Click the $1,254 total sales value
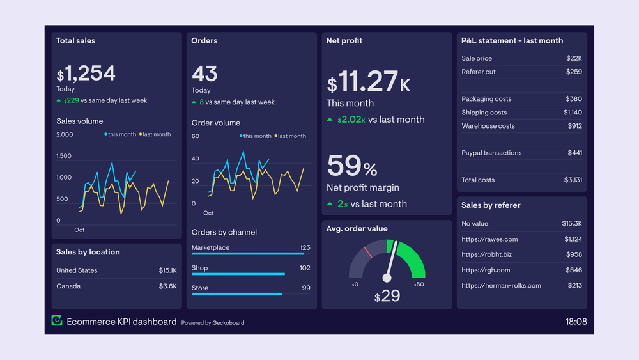(86, 74)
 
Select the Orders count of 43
(204, 74)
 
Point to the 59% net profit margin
(352, 166)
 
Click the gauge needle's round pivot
(387, 278)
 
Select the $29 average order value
(387, 296)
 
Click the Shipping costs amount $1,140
(573, 113)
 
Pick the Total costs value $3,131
(573, 180)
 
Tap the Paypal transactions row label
(491, 153)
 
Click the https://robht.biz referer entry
(486, 254)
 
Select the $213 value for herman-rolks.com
(574, 286)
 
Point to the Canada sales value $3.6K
(167, 286)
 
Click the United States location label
(77, 270)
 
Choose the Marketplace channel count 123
(305, 247)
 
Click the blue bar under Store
(236, 294)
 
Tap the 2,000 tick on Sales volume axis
(65, 134)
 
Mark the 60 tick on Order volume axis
(196, 136)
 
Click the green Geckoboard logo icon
(57, 321)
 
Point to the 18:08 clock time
(576, 322)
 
